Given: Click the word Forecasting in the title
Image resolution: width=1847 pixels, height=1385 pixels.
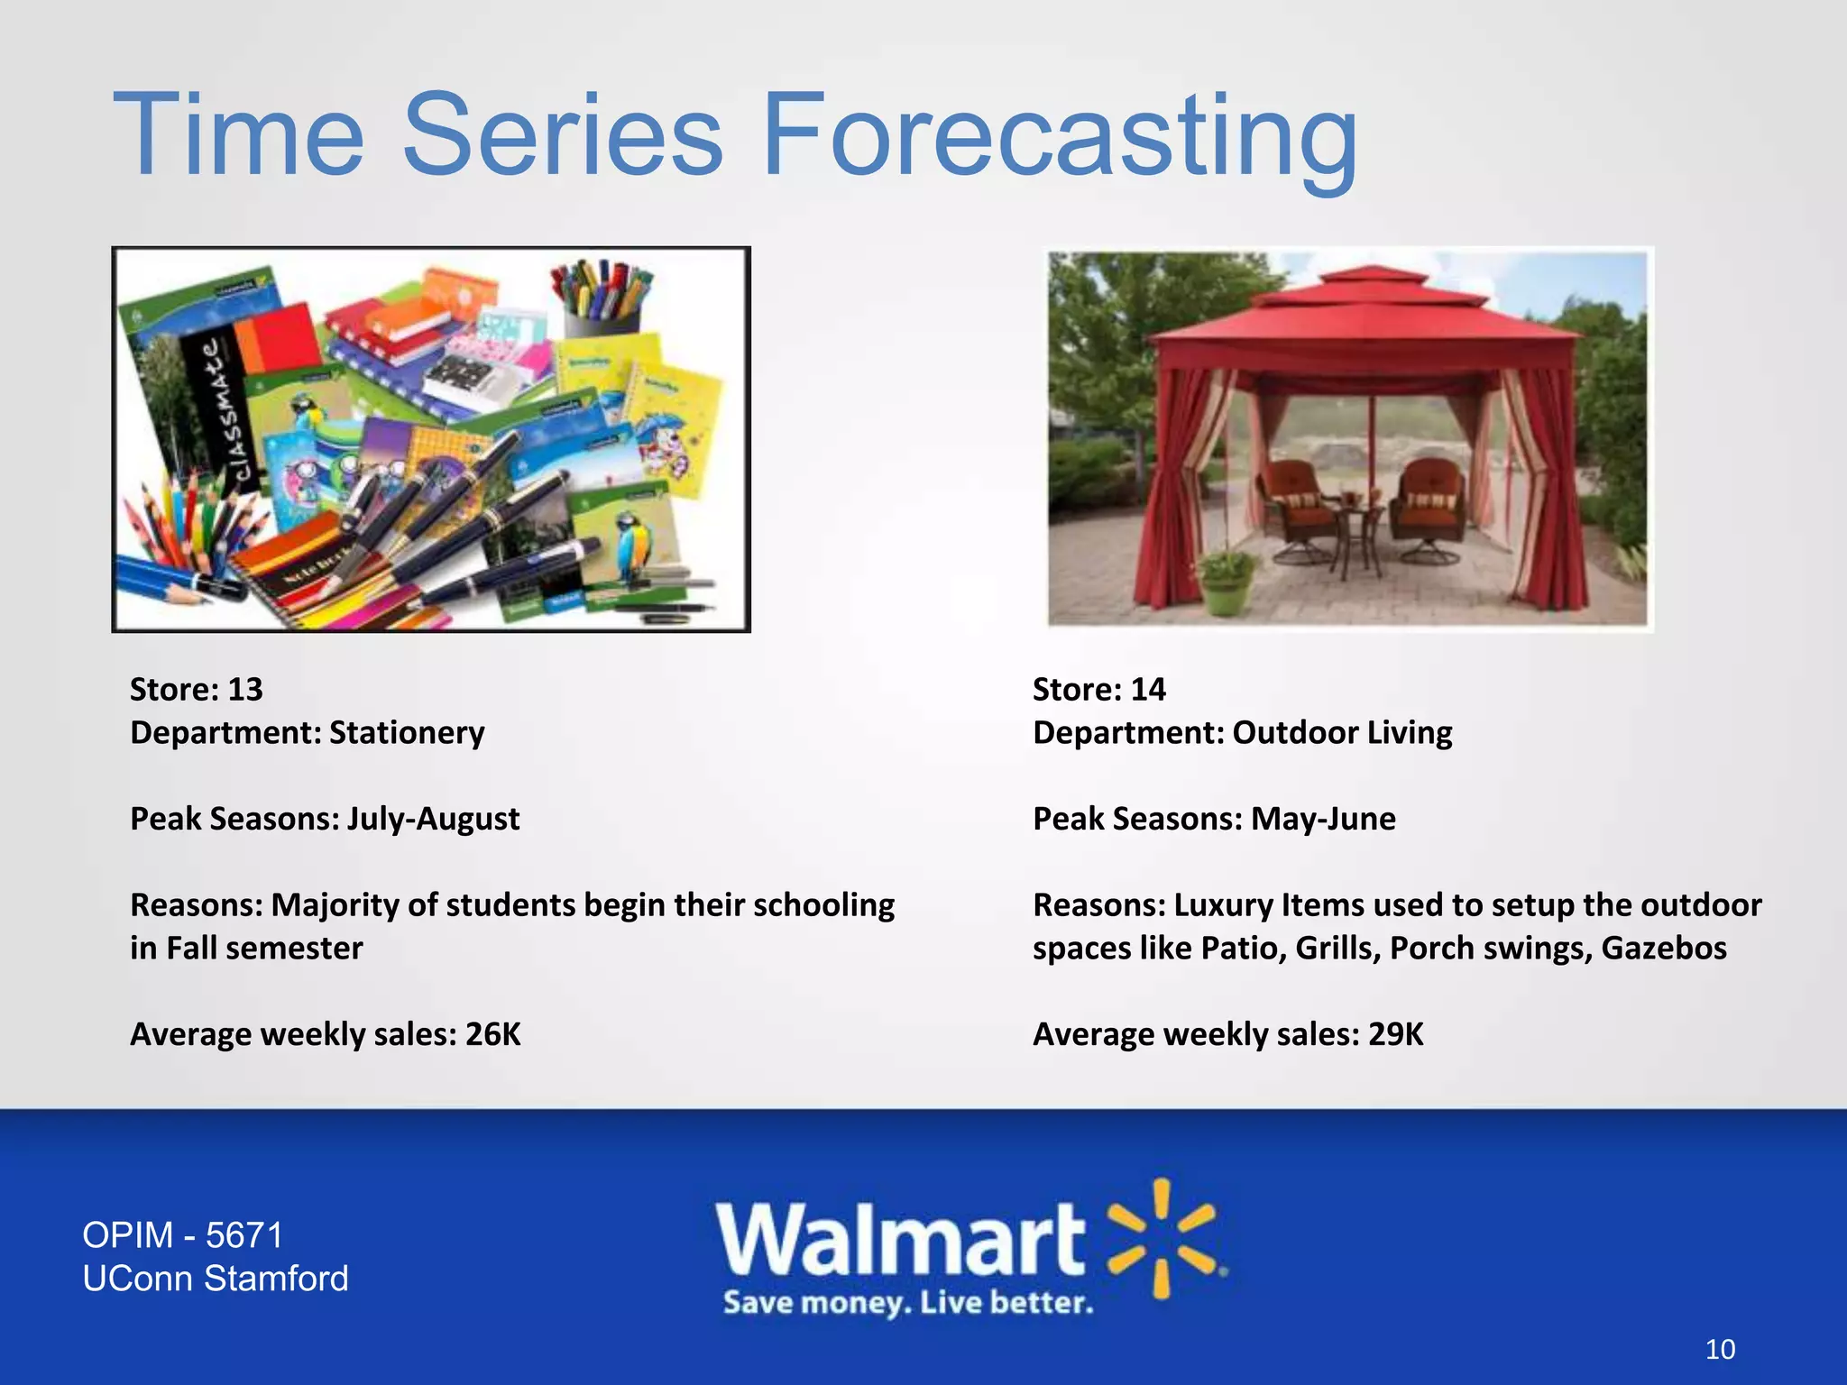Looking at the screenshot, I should [1060, 135].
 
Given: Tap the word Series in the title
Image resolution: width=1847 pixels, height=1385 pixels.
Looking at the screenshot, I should [561, 135].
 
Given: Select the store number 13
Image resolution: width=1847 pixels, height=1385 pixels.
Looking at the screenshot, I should [244, 690].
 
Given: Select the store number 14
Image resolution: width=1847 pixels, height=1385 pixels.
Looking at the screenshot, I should [1147, 690].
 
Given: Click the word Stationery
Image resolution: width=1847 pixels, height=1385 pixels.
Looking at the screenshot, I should [407, 733].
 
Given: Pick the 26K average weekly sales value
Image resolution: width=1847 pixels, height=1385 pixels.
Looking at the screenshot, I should [492, 1034].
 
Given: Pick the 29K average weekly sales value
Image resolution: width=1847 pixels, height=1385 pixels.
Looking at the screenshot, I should [1395, 1034].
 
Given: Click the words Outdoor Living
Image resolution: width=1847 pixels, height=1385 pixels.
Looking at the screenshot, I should [1342, 733].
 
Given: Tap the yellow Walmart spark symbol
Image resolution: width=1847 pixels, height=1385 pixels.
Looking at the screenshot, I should [1163, 1238].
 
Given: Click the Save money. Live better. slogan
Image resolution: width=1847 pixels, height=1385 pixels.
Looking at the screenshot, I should [907, 1303].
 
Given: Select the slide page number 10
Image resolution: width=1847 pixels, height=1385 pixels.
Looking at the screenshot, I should [1720, 1350].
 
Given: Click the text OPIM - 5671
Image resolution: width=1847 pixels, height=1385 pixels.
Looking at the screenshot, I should [183, 1235].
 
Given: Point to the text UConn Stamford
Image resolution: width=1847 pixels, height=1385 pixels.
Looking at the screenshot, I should [216, 1279].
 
